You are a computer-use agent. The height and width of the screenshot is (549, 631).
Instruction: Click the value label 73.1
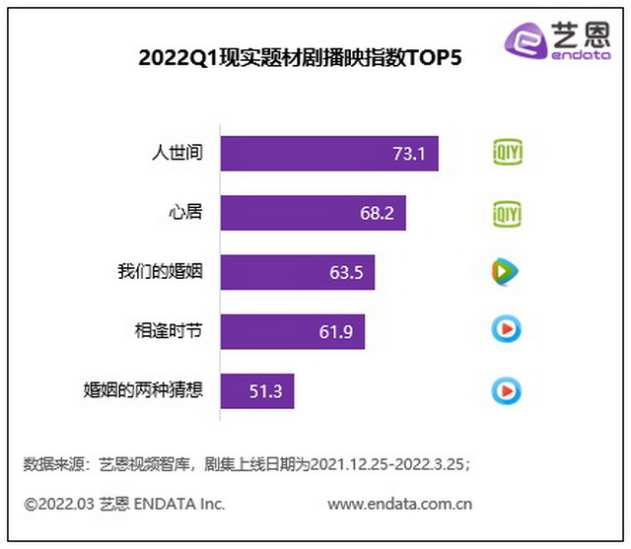click(407, 154)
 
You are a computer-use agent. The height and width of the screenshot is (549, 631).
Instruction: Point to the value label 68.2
click(376, 213)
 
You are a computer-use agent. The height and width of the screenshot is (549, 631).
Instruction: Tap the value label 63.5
click(346, 272)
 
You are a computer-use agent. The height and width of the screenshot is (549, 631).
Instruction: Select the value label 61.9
click(335, 331)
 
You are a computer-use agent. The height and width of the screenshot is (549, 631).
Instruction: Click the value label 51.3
click(266, 390)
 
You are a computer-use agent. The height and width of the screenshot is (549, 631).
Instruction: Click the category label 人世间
click(176, 153)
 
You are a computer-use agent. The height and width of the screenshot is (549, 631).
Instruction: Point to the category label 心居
click(186, 212)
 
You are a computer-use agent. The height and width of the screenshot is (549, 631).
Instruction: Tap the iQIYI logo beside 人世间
click(507, 153)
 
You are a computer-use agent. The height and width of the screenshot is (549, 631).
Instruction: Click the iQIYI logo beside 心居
click(507, 212)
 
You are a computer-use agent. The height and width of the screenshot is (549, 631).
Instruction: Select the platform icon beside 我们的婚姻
click(506, 271)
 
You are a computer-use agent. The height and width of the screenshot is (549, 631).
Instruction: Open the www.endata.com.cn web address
click(398, 504)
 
